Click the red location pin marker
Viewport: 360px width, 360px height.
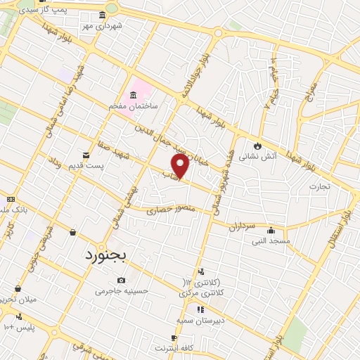pos(181,167)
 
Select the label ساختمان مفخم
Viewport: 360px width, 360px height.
pos(133,105)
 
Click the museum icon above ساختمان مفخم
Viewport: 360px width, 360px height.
pos(134,95)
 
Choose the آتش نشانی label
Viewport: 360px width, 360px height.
pos(258,157)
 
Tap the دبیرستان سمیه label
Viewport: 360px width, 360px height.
pos(200,319)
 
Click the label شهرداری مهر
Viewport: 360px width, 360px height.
pos(102,25)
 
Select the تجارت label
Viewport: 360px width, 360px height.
pos(319,186)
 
